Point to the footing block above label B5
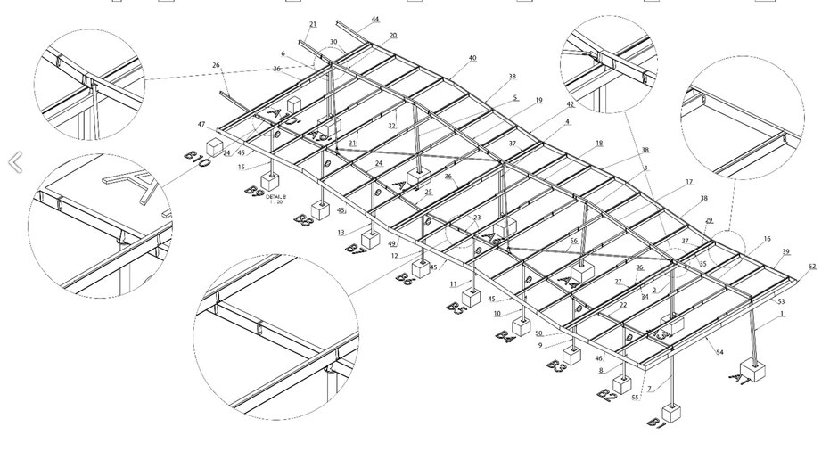click(472, 298)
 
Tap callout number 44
click(374, 19)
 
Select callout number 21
click(312, 24)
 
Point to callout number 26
click(216, 64)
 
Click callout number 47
click(201, 124)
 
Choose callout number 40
click(472, 58)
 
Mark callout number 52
click(811, 267)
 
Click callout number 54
click(719, 353)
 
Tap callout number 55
click(636, 398)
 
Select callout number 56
click(573, 241)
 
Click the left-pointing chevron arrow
click(15, 162)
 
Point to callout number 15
click(241, 167)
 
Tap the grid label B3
click(557, 366)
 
